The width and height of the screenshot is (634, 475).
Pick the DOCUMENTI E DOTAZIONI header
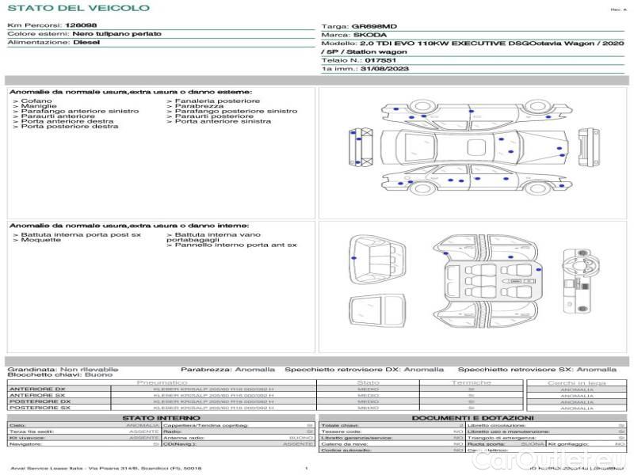[x=472, y=417]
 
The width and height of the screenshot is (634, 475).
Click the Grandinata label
[x=31, y=369]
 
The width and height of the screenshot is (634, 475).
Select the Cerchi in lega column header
[x=576, y=382]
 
